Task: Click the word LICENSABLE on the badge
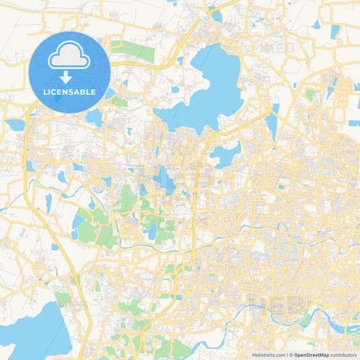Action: tap(70, 91)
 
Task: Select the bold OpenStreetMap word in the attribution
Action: tap(311, 355)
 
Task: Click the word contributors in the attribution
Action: tap(344, 355)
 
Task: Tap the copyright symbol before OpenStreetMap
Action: tap(291, 355)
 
